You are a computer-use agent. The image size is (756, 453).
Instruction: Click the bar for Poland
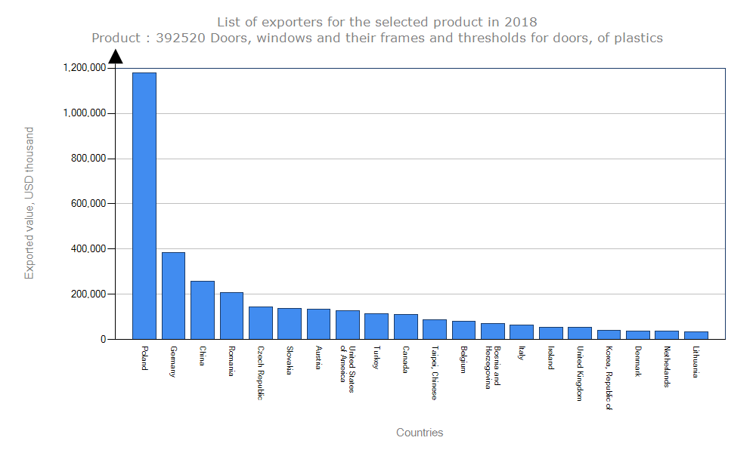click(x=144, y=205)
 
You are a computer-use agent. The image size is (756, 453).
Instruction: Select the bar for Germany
click(x=173, y=295)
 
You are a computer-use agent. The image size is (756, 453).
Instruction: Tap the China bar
click(x=203, y=310)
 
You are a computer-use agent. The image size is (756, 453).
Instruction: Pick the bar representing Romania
click(x=231, y=316)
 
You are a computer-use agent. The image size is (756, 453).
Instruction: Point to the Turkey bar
click(x=376, y=326)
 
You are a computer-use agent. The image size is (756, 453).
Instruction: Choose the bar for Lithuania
click(x=696, y=335)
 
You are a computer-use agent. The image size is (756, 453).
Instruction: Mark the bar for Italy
click(x=522, y=332)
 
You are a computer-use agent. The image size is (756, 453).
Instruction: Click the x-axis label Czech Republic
click(x=261, y=373)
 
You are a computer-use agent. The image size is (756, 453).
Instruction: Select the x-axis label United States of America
click(x=348, y=365)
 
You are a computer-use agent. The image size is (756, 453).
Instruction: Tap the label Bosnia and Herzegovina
click(x=493, y=367)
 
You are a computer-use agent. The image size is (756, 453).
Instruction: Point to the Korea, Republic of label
click(x=609, y=377)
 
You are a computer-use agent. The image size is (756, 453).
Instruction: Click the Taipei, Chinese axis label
click(x=435, y=373)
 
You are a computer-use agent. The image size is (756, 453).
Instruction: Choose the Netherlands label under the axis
click(x=667, y=366)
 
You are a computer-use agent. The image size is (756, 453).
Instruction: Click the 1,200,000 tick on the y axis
click(x=85, y=68)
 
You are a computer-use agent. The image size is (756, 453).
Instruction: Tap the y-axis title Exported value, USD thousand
click(x=29, y=203)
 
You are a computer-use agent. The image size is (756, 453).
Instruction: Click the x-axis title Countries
click(x=420, y=433)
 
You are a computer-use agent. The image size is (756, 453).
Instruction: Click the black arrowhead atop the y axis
click(x=115, y=56)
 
